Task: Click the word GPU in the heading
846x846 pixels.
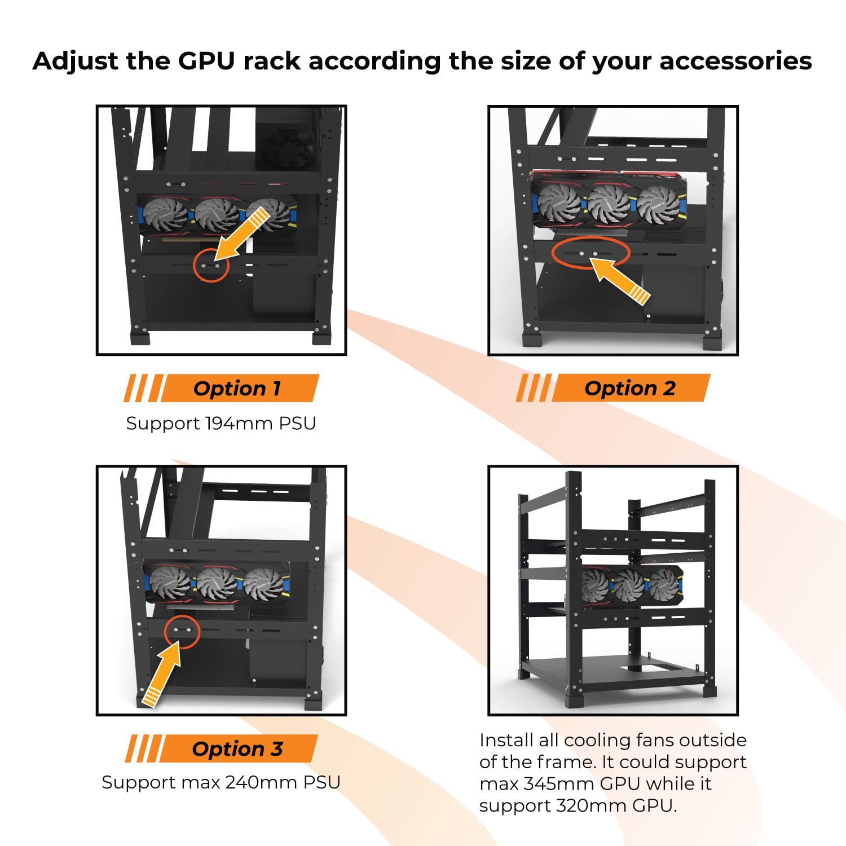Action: click(206, 61)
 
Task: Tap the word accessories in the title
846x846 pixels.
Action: click(735, 61)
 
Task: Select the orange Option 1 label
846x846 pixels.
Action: click(237, 388)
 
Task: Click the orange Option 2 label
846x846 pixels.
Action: click(629, 388)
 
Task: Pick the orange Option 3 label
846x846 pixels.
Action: click(237, 748)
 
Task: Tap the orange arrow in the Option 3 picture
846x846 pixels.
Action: click(164, 674)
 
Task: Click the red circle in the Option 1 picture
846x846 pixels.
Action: click(211, 265)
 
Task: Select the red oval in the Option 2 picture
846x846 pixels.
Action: click(590, 254)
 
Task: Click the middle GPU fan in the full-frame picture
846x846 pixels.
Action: click(629, 585)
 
